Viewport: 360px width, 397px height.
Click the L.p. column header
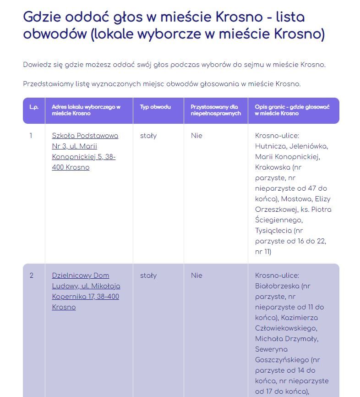click(x=34, y=107)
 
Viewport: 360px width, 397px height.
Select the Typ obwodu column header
click(x=155, y=107)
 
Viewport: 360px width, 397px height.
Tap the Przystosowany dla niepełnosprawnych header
click(x=215, y=110)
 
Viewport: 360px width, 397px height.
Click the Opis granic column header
click(x=292, y=110)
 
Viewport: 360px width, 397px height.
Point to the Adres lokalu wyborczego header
click(x=86, y=110)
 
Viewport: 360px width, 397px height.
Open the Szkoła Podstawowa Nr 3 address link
click(x=85, y=151)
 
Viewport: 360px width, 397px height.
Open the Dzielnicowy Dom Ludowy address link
click(x=86, y=291)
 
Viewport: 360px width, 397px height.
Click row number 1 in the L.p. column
click(x=31, y=136)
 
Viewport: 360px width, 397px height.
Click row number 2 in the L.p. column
click(x=32, y=276)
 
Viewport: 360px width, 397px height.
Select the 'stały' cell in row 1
click(x=148, y=136)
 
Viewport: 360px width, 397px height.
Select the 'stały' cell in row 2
click(x=148, y=276)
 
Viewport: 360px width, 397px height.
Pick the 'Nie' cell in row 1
click(x=196, y=136)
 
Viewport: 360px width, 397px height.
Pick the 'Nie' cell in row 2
click(x=196, y=276)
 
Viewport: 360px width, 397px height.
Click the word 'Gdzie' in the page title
click(x=43, y=17)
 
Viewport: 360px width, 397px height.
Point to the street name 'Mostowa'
click(x=294, y=199)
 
